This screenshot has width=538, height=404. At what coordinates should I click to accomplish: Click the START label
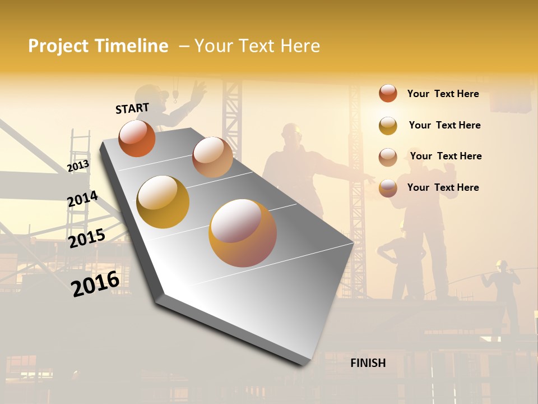132,108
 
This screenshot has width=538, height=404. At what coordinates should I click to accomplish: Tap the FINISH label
368,363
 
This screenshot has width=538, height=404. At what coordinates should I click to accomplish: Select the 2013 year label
78,166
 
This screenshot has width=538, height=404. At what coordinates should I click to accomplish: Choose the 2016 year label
95,283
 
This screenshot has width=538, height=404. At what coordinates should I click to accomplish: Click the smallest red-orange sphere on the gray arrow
137,138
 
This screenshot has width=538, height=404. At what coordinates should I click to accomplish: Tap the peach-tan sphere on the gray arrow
212,157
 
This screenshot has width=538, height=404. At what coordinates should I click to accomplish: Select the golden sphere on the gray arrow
163,202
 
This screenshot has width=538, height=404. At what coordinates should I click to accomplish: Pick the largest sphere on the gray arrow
243,233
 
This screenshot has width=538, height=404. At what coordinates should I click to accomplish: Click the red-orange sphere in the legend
388,93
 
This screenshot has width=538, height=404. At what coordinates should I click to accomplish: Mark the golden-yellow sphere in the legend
388,125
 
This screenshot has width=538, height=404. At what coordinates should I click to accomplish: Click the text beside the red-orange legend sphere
443,94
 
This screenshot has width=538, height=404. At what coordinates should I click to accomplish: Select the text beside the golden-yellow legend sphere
444,125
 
